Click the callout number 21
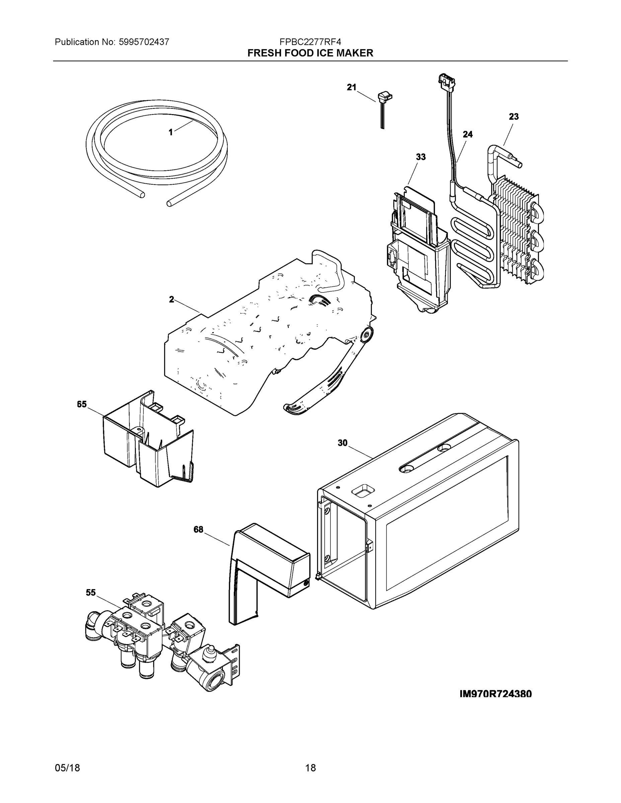tap(351, 87)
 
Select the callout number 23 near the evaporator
tap(514, 116)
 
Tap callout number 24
tap(468, 135)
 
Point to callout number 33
tap(420, 157)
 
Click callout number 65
tap(82, 405)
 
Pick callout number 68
tap(198, 529)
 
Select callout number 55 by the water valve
tap(90, 592)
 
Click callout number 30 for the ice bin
tap(342, 443)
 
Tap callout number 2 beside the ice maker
tap(171, 299)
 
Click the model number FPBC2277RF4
tap(310, 42)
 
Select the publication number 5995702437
tap(144, 42)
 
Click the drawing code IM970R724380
tap(495, 694)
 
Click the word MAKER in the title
tap(356, 53)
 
